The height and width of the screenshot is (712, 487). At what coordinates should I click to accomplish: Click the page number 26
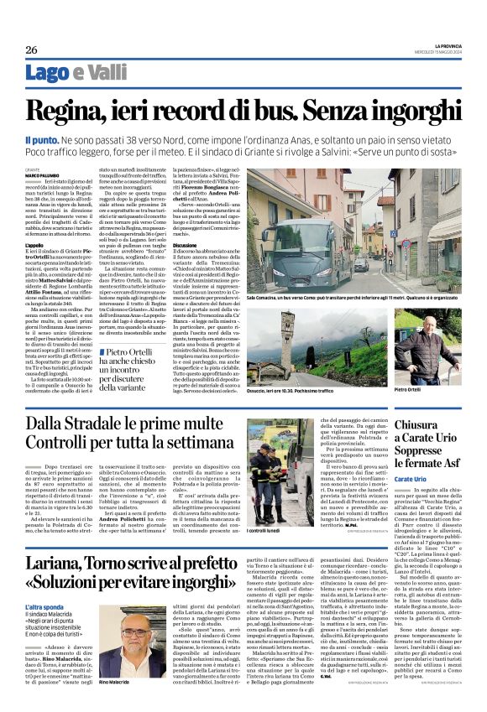[31, 49]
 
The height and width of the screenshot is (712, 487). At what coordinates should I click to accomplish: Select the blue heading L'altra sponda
[44, 605]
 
